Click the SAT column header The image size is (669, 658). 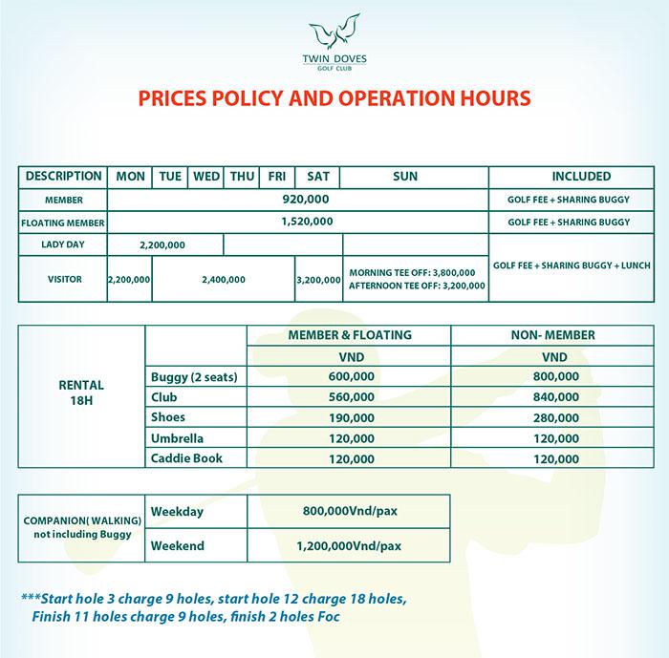318,177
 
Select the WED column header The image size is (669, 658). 207,177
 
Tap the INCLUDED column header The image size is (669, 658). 569,177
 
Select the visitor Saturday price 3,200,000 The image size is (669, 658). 318,280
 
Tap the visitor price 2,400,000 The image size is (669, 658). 224,280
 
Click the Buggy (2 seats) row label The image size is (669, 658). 194,377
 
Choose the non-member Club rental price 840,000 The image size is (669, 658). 556,397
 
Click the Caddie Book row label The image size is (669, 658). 187,458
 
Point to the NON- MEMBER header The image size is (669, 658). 555,335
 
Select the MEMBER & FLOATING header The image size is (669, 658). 350,335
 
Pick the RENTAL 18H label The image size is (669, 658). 81,392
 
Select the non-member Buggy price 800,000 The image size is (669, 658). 556,377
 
